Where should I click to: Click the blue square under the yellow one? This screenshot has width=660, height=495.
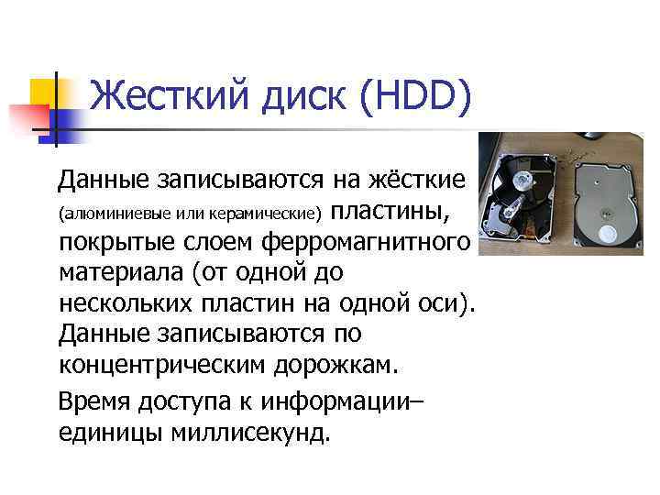(x=60, y=122)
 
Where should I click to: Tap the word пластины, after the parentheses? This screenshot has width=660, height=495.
(x=390, y=212)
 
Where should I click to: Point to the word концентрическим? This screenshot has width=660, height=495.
(x=161, y=365)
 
